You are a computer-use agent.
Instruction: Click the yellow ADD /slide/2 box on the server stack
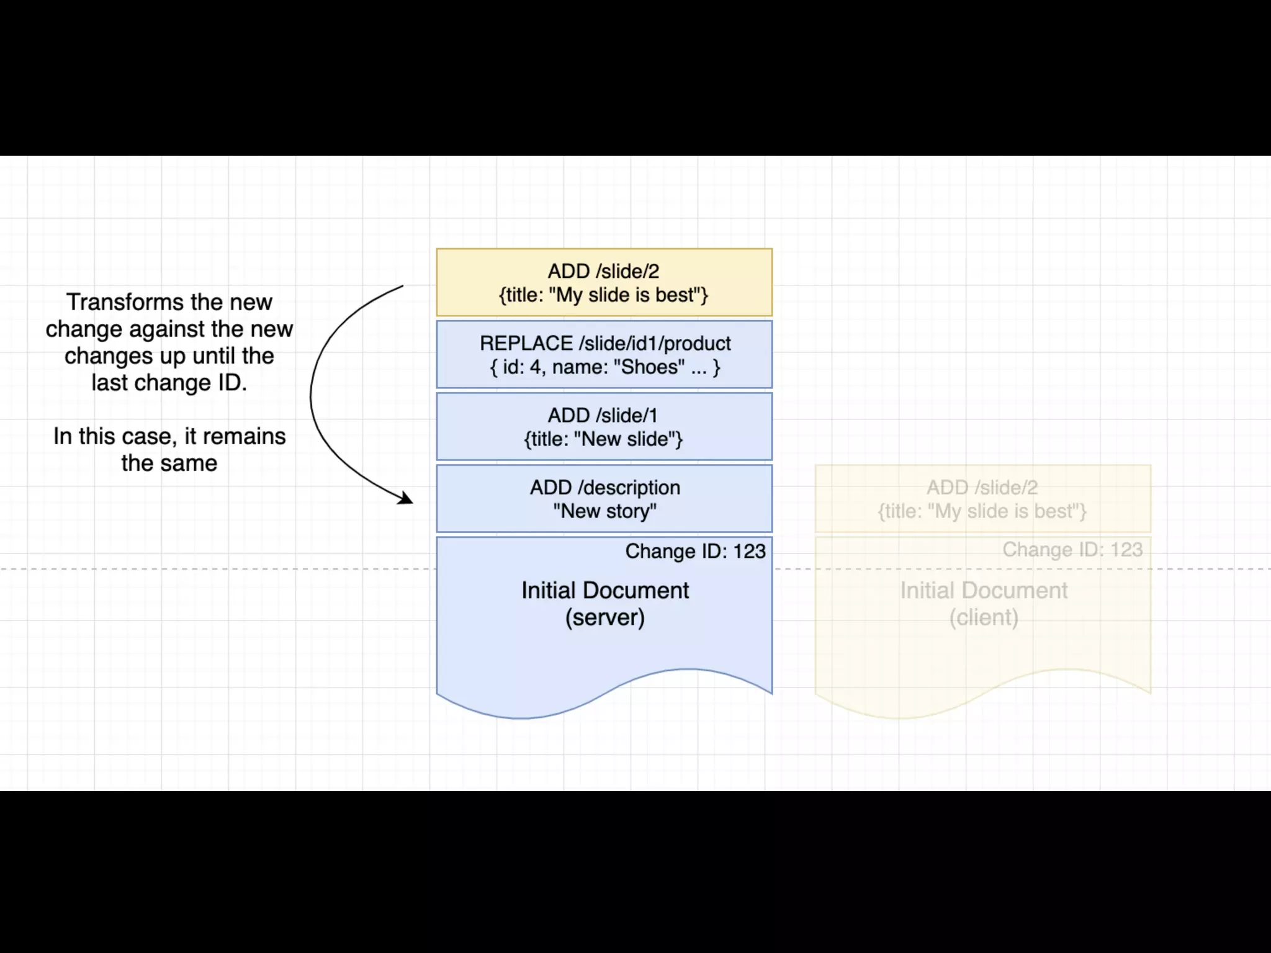click(x=604, y=282)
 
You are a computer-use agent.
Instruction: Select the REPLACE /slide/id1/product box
click(x=604, y=354)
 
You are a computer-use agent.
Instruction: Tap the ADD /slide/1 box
click(x=604, y=427)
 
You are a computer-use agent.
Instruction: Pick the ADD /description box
click(x=604, y=499)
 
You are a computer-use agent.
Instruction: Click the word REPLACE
click(x=526, y=343)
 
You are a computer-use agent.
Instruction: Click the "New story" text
click(x=604, y=511)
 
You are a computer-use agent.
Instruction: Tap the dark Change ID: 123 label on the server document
click(x=695, y=551)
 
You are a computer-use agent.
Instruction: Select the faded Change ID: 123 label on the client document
click(x=1072, y=550)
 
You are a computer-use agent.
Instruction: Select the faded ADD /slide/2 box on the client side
click(x=982, y=499)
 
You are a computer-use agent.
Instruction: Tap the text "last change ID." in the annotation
click(x=169, y=383)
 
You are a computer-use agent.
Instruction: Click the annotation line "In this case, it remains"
click(x=169, y=436)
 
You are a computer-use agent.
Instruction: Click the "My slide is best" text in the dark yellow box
click(x=628, y=295)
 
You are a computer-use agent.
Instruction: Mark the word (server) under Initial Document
click(x=604, y=617)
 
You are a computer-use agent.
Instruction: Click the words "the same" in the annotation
click(x=169, y=463)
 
